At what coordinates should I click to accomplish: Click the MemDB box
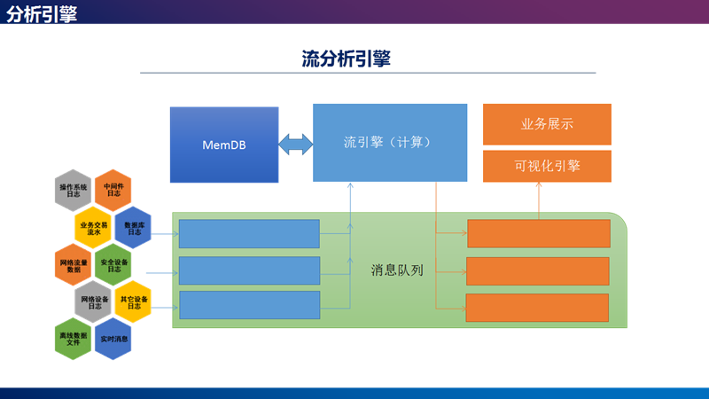224,145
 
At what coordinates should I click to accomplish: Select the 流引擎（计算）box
389,142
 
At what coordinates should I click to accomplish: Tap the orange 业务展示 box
547,124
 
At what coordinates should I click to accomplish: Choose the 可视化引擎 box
547,166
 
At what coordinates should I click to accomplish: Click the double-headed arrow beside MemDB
295,144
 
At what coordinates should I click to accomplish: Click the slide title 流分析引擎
347,59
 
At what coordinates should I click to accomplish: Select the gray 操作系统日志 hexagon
74,191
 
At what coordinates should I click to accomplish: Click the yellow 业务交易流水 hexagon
93,228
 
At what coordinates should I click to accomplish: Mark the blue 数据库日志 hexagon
134,228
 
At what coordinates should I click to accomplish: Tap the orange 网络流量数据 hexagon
74,265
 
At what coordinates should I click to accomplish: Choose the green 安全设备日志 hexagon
113,265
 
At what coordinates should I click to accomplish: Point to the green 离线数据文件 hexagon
74,340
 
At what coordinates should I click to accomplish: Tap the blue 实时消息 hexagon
113,340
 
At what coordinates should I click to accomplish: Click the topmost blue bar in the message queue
249,233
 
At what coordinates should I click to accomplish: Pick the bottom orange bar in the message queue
537,308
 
